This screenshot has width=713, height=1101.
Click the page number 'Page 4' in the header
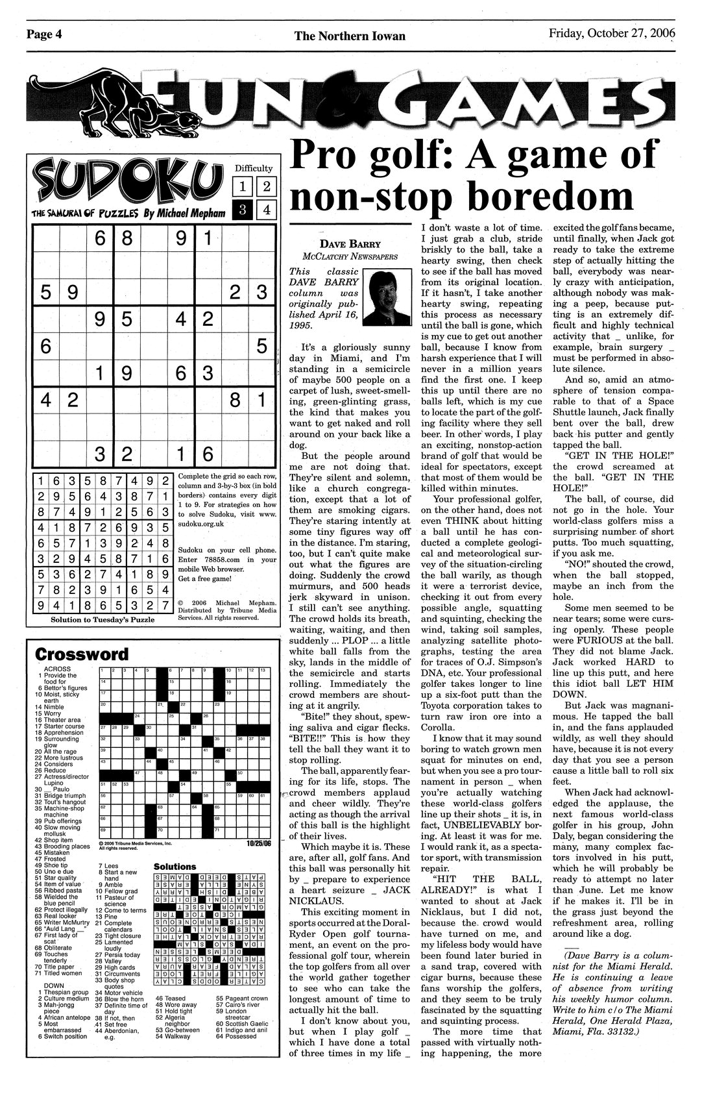pos(44,35)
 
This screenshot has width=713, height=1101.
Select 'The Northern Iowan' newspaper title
pos(350,36)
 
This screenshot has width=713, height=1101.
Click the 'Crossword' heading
pos(82,653)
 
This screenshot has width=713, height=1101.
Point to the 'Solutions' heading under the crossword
pos(175,866)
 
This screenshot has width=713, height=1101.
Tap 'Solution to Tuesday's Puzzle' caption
pos(103,619)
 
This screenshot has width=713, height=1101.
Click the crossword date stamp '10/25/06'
pos(258,844)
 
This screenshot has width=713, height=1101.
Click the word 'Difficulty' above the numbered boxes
pos(254,168)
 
